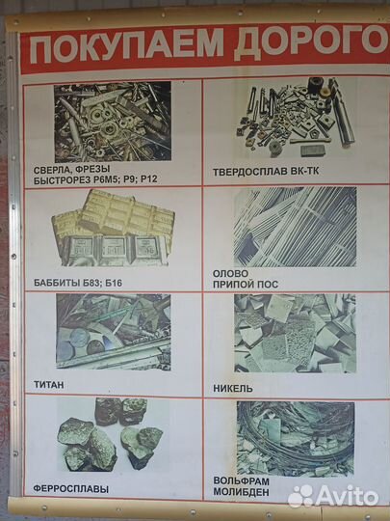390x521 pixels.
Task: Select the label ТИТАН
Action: pos(48,385)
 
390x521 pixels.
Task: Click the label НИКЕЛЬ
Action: pos(233,388)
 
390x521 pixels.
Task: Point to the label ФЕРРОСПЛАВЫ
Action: pos(70,489)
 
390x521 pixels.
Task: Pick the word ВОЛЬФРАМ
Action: pos(241,481)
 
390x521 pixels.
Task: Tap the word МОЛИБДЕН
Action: pos(241,492)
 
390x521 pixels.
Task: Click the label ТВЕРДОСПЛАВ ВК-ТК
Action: pos(266,172)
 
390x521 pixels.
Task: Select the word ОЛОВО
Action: pos(230,273)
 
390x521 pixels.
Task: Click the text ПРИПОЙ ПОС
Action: pos(246,285)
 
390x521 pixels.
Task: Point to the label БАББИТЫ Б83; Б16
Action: pos(78,283)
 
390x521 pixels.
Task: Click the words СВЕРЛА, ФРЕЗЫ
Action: pos(71,170)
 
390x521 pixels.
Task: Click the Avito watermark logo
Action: pos(333,497)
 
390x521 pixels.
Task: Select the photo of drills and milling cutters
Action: pos(113,122)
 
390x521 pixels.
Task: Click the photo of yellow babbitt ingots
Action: pos(113,228)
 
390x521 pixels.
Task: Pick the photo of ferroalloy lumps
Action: pos(111,434)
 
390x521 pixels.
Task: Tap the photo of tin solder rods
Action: pos(296,227)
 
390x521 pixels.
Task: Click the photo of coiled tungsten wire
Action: pos(296,439)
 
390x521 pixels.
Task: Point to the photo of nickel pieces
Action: pos(296,333)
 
